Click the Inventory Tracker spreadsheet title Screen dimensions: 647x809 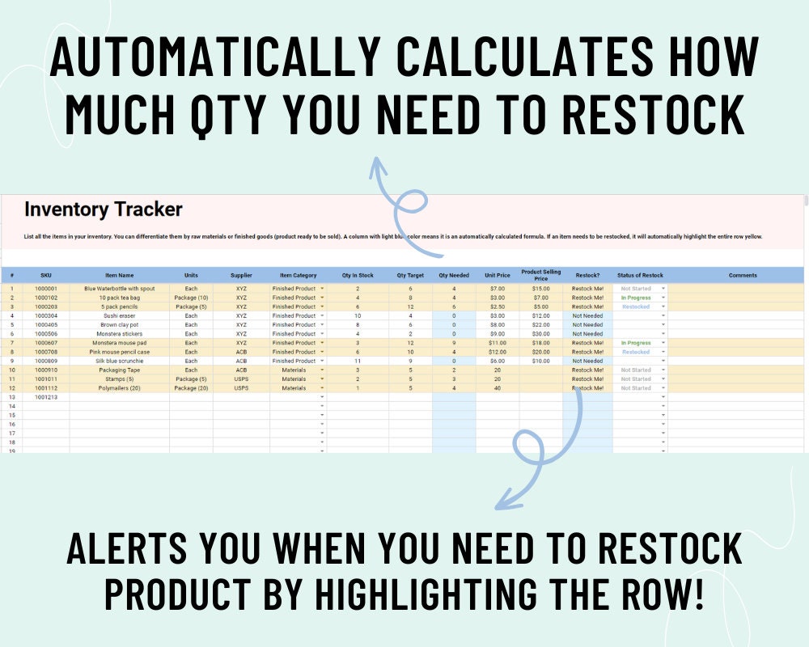(104, 209)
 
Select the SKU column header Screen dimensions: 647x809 (46, 275)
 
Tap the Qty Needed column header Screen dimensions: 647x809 (454, 275)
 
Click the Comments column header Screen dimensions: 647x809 (743, 275)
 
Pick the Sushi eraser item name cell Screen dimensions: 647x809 (120, 315)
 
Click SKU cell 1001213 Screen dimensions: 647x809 (46, 397)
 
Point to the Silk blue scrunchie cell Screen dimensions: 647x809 (120, 361)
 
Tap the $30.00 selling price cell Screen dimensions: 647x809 (540, 333)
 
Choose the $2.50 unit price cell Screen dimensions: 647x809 (498, 307)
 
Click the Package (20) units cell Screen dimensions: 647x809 (191, 388)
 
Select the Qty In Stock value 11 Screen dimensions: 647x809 (358, 361)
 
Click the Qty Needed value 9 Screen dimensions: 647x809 (454, 343)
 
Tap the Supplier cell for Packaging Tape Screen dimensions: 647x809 (241, 370)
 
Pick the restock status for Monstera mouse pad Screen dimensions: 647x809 (636, 343)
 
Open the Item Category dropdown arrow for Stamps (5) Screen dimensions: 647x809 (322, 379)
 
